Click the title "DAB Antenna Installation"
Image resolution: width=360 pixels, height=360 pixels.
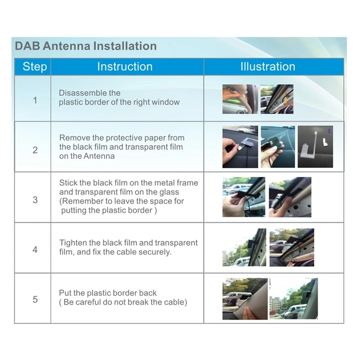click(86, 46)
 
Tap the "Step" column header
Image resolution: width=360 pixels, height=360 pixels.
click(35, 67)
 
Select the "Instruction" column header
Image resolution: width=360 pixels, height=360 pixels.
click(125, 67)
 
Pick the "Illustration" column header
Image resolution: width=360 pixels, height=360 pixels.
click(268, 67)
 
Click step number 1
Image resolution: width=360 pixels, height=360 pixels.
click(35, 100)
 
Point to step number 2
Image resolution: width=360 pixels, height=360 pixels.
click(35, 150)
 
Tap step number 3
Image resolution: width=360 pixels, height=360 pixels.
click(35, 200)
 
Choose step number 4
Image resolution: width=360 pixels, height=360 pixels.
click(35, 250)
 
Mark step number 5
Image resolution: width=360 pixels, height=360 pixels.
click(35, 300)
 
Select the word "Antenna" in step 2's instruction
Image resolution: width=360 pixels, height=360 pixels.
click(99, 156)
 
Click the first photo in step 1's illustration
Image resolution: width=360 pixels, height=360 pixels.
click(240, 99)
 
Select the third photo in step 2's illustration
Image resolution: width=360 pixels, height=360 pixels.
click(315, 147)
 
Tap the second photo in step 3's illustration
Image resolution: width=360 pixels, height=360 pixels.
click(290, 197)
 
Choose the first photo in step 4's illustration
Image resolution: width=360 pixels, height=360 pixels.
click(244, 247)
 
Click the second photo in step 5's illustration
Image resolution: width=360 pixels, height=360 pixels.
click(294, 299)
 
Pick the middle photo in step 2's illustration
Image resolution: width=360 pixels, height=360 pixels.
click(278, 147)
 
